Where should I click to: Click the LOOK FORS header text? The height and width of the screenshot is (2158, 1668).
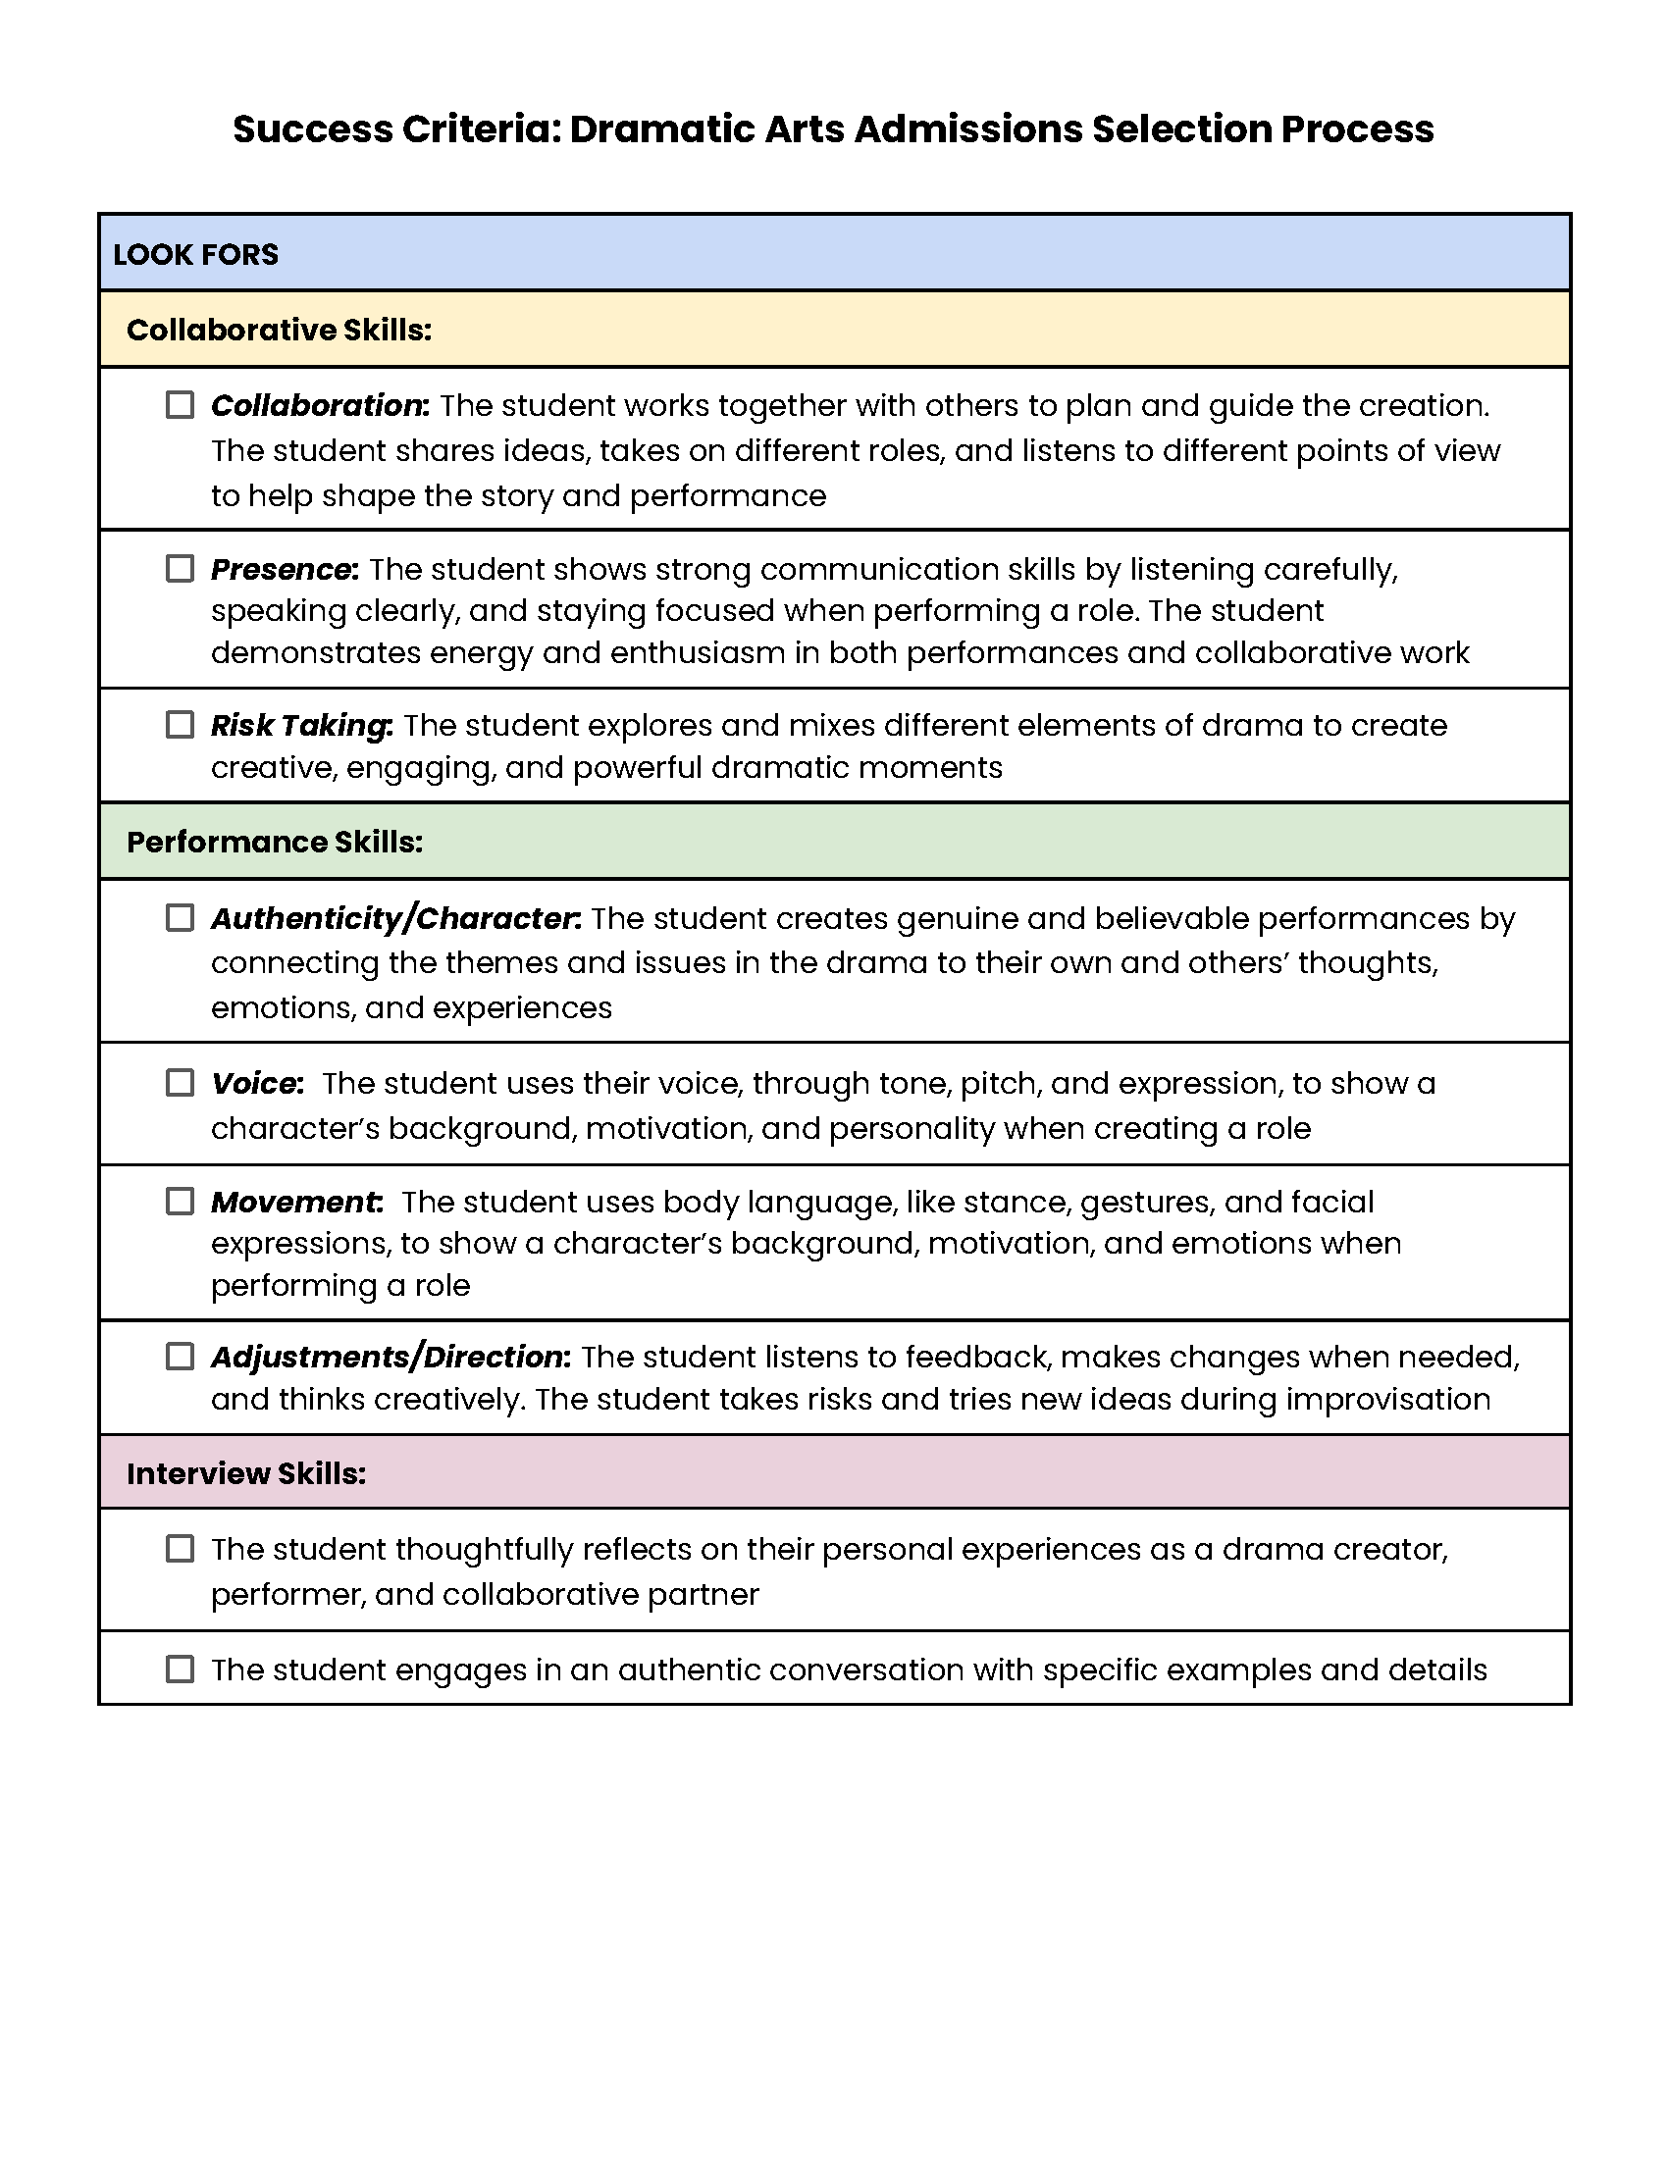pyautogui.click(x=195, y=255)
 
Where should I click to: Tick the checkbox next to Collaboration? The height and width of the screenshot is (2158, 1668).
pyautogui.click(x=180, y=405)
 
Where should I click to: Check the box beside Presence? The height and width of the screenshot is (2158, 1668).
pyautogui.click(x=180, y=569)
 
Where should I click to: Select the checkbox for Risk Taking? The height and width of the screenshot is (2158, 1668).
pyautogui.click(x=180, y=725)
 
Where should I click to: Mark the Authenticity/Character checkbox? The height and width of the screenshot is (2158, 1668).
pyautogui.click(x=180, y=918)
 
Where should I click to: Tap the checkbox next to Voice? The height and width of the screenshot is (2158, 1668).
pyautogui.click(x=180, y=1083)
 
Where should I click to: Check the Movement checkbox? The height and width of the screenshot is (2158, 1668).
pyautogui.click(x=180, y=1202)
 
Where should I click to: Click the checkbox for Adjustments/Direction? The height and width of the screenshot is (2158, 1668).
pyautogui.click(x=180, y=1357)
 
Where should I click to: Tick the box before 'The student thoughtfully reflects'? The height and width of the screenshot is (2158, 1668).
pyautogui.click(x=180, y=1548)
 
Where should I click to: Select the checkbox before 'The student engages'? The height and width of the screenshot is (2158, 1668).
pyautogui.click(x=180, y=1669)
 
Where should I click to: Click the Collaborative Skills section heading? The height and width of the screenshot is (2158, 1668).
pyautogui.click(x=279, y=330)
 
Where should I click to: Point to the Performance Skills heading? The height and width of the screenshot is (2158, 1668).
pyautogui.click(x=275, y=842)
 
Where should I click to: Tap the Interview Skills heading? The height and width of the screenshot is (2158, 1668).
pyautogui.click(x=246, y=1473)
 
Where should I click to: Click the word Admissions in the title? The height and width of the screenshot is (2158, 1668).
pyautogui.click(x=968, y=129)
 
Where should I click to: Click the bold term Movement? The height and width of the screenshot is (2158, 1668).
pyautogui.click(x=294, y=1202)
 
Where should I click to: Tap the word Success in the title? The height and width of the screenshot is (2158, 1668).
pyautogui.click(x=311, y=129)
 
